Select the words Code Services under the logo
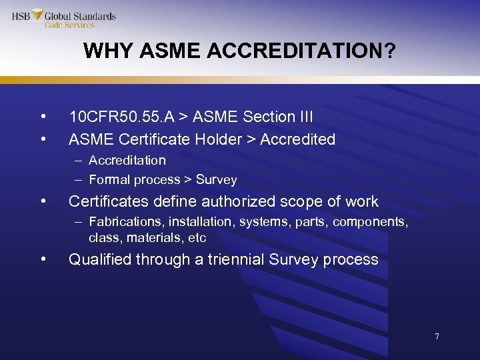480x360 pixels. pos(69,25)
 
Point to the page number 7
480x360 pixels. pos(437,337)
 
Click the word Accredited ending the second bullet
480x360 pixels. pos(297,139)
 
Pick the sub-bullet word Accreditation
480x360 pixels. pos(127,161)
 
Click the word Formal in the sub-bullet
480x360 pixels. pos(109,180)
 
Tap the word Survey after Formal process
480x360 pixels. pos(217,180)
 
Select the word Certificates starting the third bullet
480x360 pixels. pos(106,201)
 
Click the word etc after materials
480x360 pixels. pos(197,238)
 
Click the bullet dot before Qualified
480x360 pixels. pos(43,259)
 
